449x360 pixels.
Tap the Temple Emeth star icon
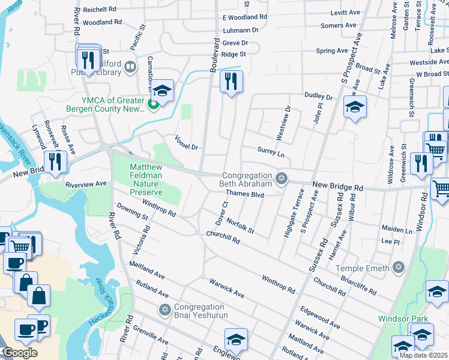click(398, 268)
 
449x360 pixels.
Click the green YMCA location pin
click(153, 106)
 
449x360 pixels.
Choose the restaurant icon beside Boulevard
click(231, 81)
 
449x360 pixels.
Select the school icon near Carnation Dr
click(162, 91)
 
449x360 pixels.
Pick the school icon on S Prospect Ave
click(355, 108)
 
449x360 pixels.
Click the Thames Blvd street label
click(245, 194)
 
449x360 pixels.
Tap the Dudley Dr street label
click(318, 95)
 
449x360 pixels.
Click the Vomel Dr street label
click(186, 146)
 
